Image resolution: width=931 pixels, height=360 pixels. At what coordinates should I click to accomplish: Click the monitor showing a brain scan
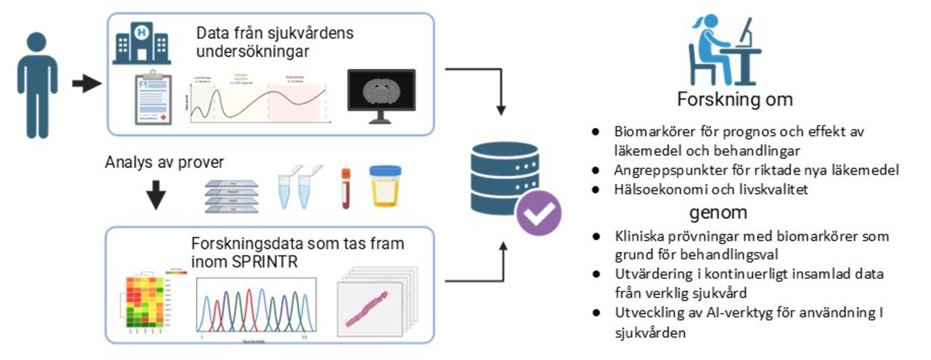tap(381, 96)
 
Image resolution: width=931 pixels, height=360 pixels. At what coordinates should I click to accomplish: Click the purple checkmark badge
tap(539, 212)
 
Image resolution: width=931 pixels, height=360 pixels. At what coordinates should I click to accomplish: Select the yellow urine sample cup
tap(385, 188)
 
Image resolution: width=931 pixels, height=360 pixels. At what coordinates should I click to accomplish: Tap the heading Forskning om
tap(735, 99)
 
